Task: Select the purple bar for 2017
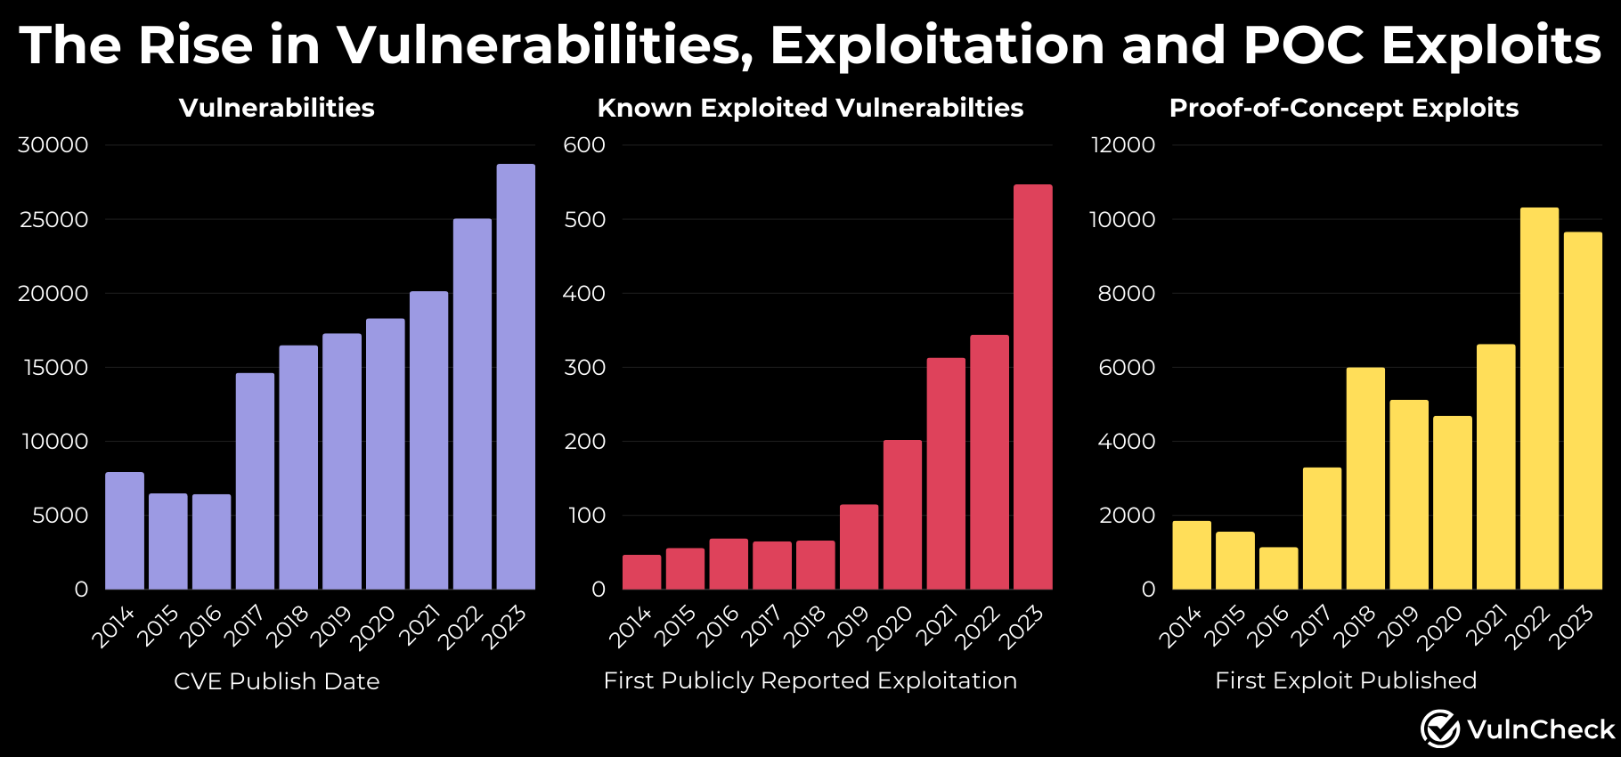pos(255,481)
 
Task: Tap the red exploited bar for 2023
pos(1032,387)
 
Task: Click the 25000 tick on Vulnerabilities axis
pos(54,219)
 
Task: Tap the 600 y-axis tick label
pos(584,145)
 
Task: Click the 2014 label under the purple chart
pos(114,626)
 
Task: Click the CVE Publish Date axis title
pos(276,681)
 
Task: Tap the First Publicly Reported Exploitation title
pos(810,680)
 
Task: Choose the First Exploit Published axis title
pos(1345,680)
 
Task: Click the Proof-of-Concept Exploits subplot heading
pos(1343,108)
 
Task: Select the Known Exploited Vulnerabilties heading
pos(810,108)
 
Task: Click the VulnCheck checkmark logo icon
pos(1439,729)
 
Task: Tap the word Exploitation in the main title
pos(937,45)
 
